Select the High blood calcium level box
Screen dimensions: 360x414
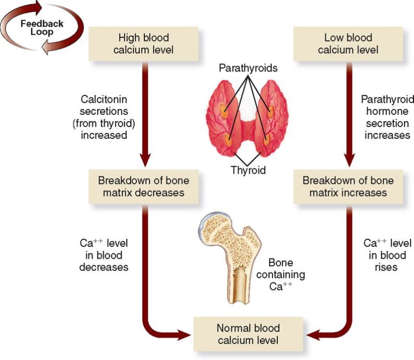pos(143,43)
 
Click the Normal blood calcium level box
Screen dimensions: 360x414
pos(248,334)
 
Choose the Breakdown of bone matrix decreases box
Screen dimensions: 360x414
pos(143,187)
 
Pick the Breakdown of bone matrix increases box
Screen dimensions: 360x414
pos(348,187)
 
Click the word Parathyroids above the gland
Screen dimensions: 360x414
pos(248,68)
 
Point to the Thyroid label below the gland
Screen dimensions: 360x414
pos(248,170)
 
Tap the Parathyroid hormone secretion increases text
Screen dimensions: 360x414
pos(387,117)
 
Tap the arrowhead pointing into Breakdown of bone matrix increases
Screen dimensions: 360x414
pos(348,161)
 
